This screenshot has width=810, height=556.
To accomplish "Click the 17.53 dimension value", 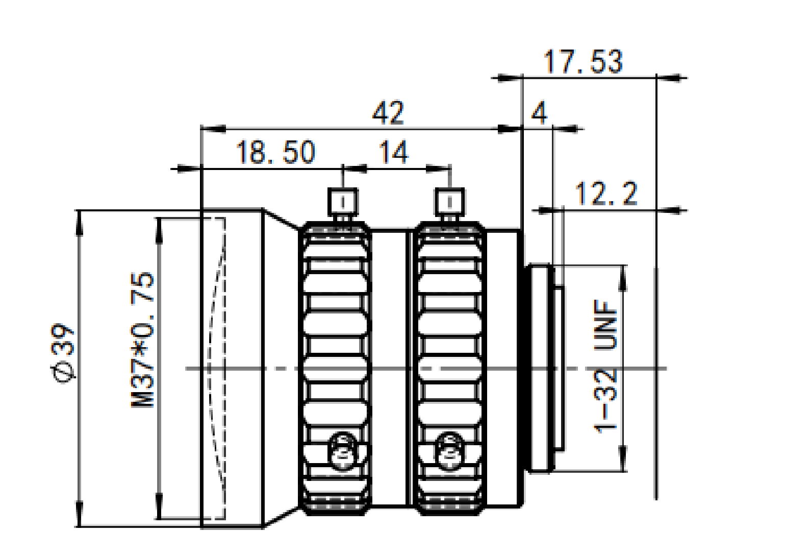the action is click(x=583, y=62).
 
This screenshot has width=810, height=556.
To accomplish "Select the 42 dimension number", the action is click(x=388, y=112).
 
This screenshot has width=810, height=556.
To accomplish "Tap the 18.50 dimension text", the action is click(x=275, y=152).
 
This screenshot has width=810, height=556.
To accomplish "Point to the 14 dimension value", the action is click(x=394, y=152).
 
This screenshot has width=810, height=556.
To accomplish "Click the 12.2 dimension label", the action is click(x=606, y=194).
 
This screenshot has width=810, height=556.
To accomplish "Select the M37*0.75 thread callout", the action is click(x=142, y=340).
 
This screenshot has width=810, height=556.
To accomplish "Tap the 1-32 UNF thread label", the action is click(x=605, y=366).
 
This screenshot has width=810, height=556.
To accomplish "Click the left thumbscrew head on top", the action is click(x=343, y=202).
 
